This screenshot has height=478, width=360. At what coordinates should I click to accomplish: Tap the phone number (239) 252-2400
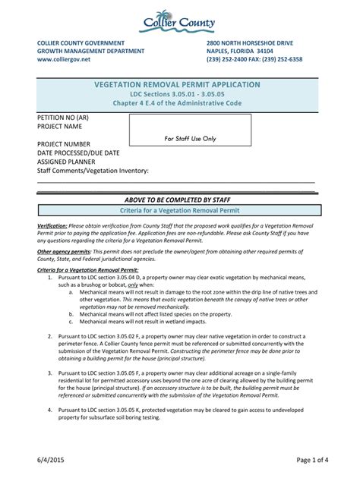tap(231, 59)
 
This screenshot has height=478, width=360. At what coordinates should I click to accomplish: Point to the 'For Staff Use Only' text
tap(190, 139)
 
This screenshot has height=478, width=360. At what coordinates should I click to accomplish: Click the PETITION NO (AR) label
tap(64, 119)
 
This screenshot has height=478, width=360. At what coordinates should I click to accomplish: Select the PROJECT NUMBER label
tap(64, 144)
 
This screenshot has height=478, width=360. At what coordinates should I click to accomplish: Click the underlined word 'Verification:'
tap(52, 227)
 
